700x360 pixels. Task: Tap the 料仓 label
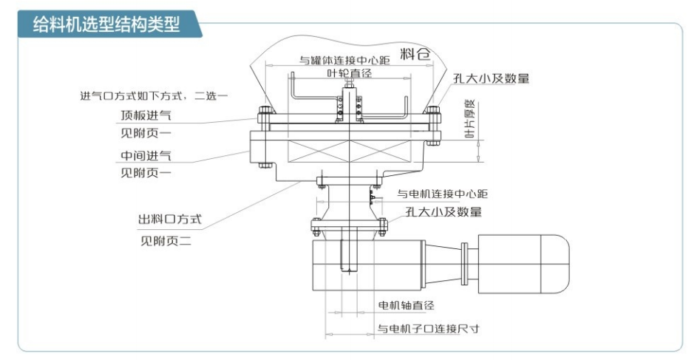[415, 53]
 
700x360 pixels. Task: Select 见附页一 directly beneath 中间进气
[146, 174]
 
